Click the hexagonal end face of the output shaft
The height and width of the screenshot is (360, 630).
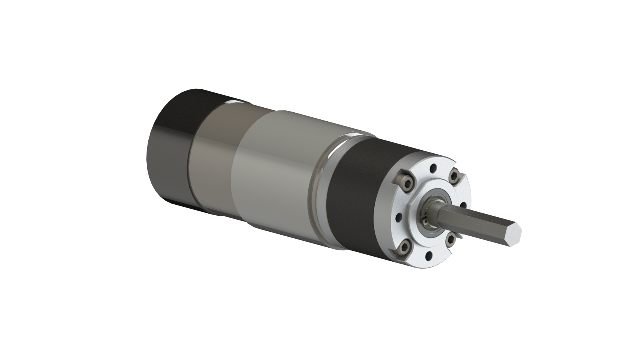[x=513, y=234]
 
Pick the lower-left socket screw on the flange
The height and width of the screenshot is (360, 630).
[x=404, y=247]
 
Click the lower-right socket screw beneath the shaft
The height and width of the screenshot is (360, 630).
[x=450, y=239]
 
